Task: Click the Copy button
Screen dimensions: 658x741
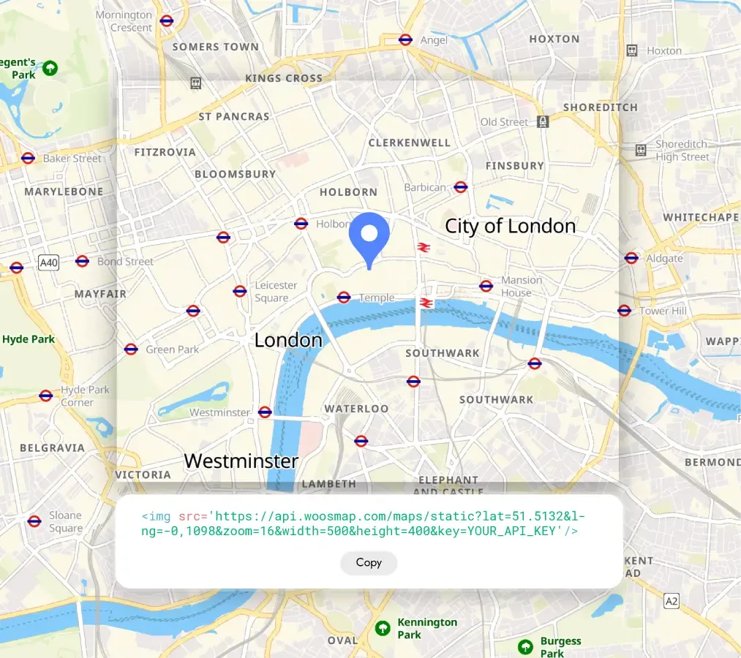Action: coord(369,562)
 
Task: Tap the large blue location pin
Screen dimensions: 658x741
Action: coord(369,235)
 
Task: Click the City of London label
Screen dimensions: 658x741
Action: coord(510,226)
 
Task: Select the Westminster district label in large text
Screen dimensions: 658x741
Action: coord(241,461)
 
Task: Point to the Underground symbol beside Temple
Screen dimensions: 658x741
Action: coord(344,297)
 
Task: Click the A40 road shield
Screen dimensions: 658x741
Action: coord(48,262)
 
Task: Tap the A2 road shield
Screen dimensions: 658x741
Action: coord(672,601)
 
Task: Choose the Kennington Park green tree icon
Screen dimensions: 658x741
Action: coord(382,628)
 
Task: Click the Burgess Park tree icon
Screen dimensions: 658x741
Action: coord(525,646)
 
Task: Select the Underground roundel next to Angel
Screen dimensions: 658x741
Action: coord(405,39)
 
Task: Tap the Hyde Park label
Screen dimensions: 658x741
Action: coord(29,339)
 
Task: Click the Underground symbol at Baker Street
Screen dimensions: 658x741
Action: coord(28,158)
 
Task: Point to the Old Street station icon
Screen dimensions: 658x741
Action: coord(542,121)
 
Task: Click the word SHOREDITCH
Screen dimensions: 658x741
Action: coord(600,107)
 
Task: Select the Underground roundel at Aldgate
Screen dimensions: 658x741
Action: coord(631,257)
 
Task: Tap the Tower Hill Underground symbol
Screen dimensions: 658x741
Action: coord(624,310)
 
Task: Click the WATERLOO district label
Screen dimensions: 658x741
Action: coord(356,408)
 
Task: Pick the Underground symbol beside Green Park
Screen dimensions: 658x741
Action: coord(131,349)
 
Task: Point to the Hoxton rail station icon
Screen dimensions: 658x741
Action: coord(632,50)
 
